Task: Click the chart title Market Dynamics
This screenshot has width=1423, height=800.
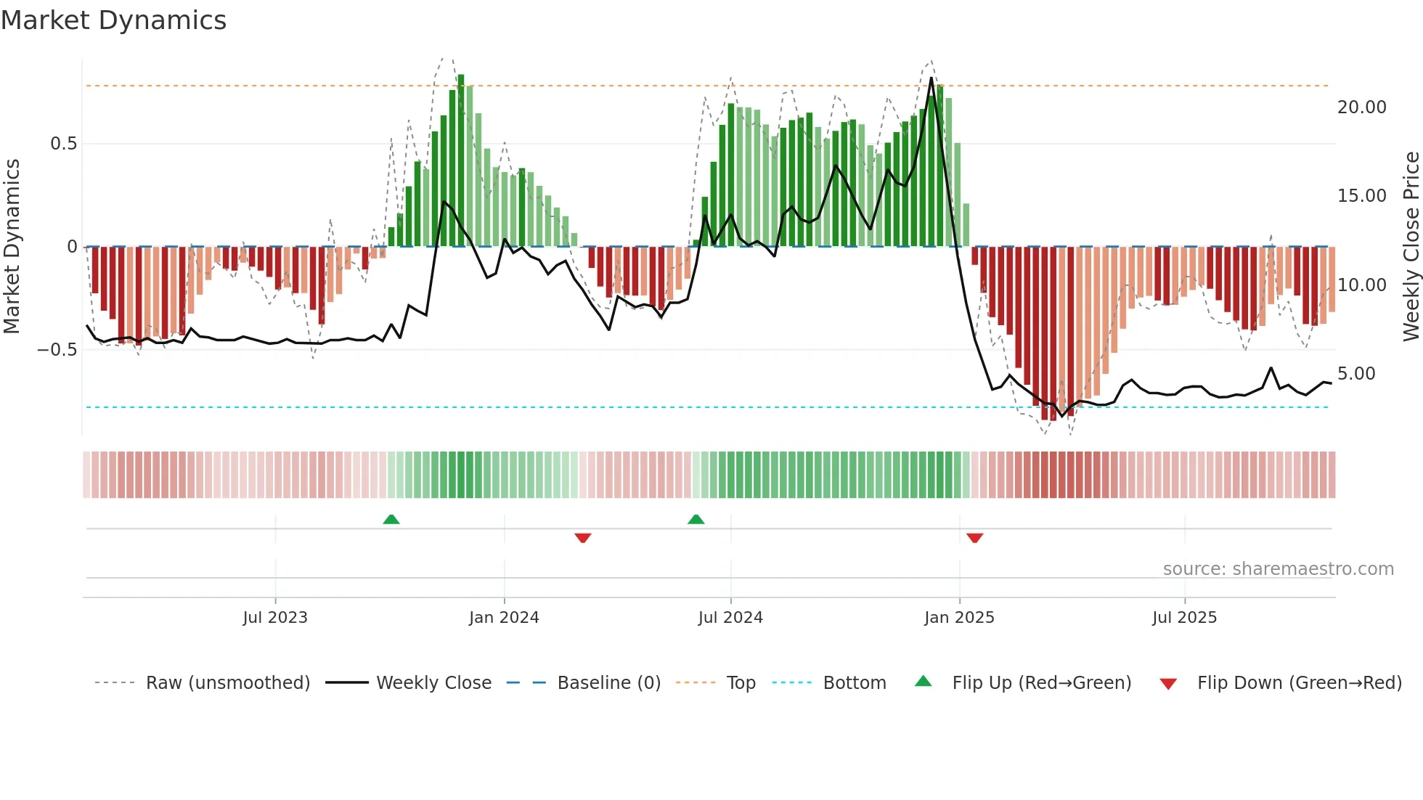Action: point(113,20)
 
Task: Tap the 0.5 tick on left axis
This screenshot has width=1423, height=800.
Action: point(63,144)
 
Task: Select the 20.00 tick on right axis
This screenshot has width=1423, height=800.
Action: point(1361,107)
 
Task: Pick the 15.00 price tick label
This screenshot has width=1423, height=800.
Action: point(1361,196)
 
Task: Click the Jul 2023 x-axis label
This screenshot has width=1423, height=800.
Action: point(275,618)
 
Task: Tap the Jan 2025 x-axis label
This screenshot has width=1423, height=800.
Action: point(959,618)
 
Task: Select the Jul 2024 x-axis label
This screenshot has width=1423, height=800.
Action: point(730,618)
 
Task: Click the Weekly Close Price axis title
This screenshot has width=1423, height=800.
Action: point(1410,247)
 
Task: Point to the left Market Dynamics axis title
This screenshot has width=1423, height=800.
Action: point(12,247)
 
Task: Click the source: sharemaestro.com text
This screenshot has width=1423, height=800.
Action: point(1278,569)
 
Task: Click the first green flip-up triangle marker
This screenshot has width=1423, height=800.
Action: point(391,519)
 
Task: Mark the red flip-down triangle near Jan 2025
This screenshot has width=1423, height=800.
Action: point(974,538)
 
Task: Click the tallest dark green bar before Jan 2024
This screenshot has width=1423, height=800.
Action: point(461,160)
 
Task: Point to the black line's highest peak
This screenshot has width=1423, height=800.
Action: point(931,78)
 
